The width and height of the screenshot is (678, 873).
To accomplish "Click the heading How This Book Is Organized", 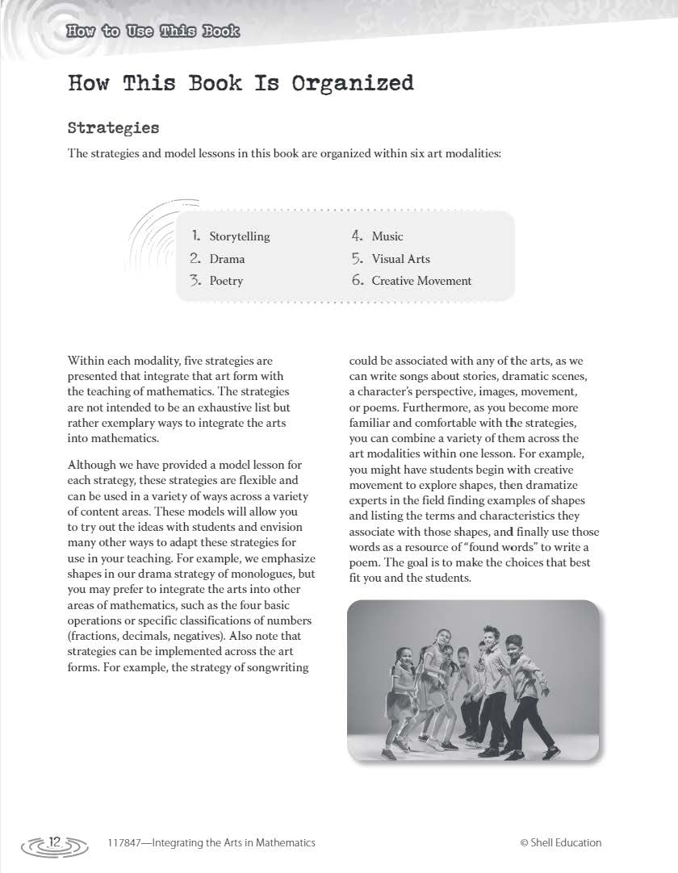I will coord(241,83).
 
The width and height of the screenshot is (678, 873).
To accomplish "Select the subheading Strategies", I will coord(113,128).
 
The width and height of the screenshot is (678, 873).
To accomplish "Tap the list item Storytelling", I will coord(240,236).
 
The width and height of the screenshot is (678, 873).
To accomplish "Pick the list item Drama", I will coord(227,259).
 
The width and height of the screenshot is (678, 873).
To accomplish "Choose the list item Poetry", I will coord(226,281).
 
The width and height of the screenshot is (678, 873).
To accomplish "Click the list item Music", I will coord(387,236).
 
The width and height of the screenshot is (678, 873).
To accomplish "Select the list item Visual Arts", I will coord(400,259).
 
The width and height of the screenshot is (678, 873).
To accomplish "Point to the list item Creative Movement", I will coord(421,281).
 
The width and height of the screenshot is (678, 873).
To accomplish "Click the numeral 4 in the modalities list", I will coord(357,236).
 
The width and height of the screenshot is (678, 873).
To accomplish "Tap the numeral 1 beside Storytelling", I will coord(195,236).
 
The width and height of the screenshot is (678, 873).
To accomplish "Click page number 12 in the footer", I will coord(55,842).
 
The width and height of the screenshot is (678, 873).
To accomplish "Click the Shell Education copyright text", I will coord(561,842).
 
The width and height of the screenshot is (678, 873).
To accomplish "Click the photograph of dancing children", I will coord(473,679).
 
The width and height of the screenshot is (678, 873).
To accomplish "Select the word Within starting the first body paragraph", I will coord(86,361).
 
